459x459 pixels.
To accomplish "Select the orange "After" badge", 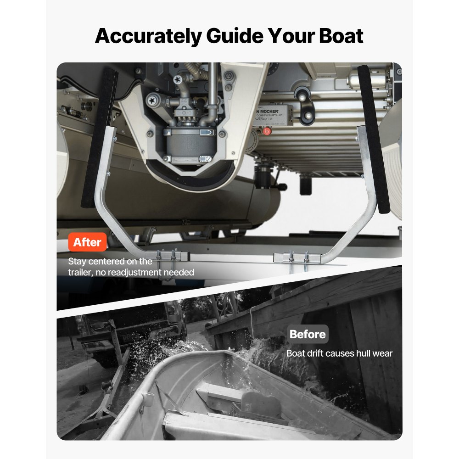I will [x=87, y=242].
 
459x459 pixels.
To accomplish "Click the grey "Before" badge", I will [x=308, y=334].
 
